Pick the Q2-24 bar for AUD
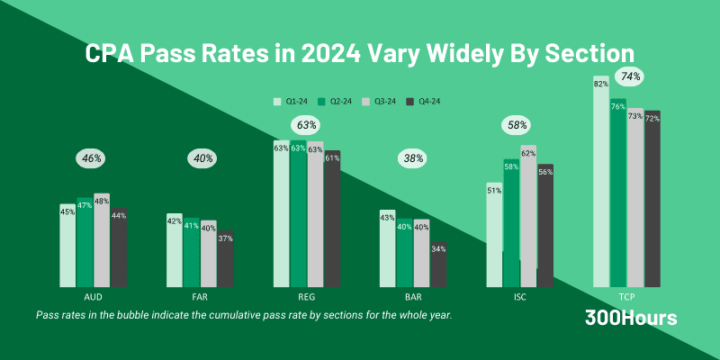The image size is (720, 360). coord(84,242)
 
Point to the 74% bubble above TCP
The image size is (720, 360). coord(629,76)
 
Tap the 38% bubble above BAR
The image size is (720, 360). coord(413,158)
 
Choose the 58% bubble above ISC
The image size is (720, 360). coord(519,125)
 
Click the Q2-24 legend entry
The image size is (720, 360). coord(337,102)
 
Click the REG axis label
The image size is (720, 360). coord(306,295)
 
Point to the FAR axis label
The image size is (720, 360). coord(199,295)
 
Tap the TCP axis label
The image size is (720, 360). coord(626,295)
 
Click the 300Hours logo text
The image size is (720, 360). coord(631,318)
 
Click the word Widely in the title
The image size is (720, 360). coord(467,53)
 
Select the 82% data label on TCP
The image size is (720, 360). coord(601,83)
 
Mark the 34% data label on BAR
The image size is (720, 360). coord(438,247)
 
